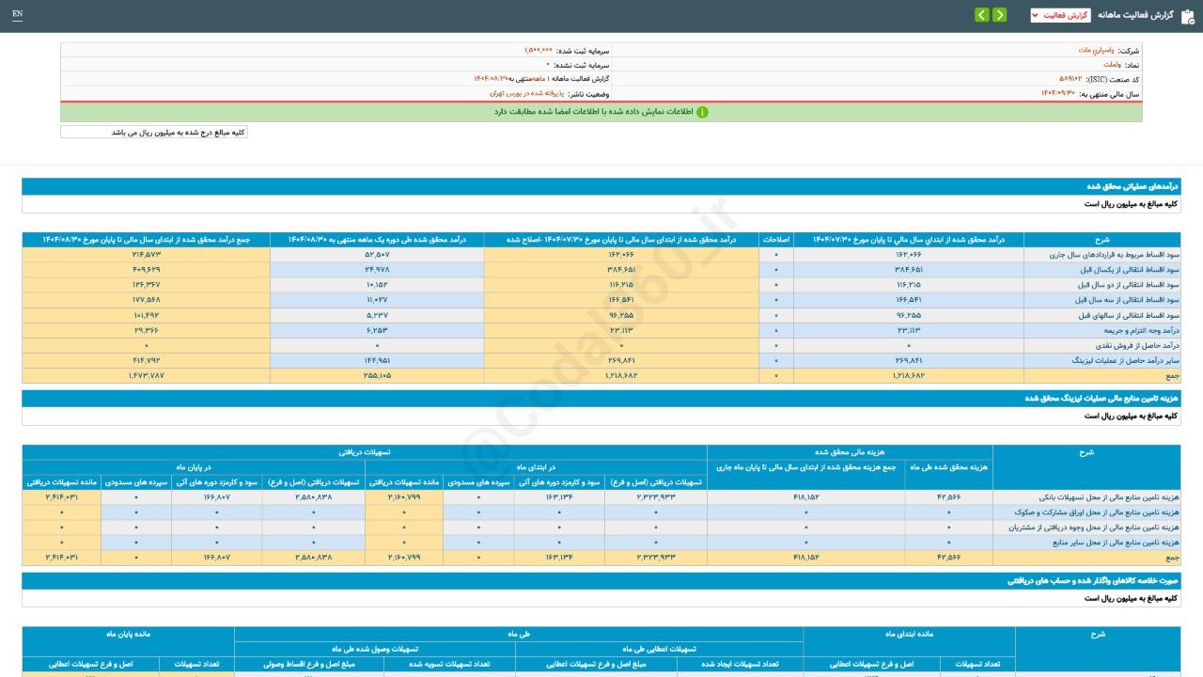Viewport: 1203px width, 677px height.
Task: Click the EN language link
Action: [x=17, y=14]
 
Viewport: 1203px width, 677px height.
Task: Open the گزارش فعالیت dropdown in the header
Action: [x=1060, y=15]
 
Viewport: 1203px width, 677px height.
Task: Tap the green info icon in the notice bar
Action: [x=702, y=112]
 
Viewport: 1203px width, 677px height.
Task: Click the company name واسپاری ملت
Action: [x=1097, y=50]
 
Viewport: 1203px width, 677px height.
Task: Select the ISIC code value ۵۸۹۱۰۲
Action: [x=1070, y=79]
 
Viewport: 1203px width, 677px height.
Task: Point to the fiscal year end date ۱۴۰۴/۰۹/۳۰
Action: [x=1057, y=93]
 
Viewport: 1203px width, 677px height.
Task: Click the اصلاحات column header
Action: [x=776, y=240]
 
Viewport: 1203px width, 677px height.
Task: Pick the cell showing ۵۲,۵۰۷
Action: [x=377, y=255]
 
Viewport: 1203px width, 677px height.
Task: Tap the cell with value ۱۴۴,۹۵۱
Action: [x=377, y=360]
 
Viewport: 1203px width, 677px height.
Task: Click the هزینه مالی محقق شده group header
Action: [x=849, y=452]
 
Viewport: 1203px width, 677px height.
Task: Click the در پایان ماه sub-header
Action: [x=194, y=467]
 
